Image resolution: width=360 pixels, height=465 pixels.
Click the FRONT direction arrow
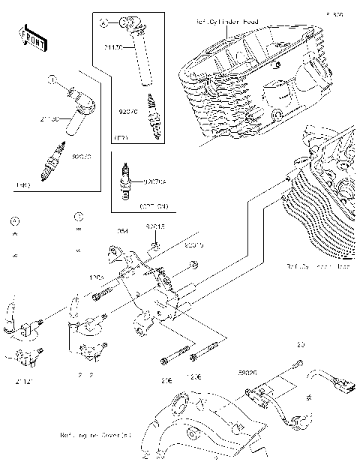pos(30,37)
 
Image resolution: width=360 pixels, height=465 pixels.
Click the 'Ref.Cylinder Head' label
pos(227,22)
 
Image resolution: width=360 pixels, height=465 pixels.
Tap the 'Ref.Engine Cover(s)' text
pos(95,434)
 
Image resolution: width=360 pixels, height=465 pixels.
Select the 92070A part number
pos(154,181)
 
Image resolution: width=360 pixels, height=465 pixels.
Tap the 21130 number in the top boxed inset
pos(113,47)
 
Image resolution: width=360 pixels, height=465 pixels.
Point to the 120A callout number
pos(97,277)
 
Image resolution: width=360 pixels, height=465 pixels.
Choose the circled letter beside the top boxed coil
pos(104,24)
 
